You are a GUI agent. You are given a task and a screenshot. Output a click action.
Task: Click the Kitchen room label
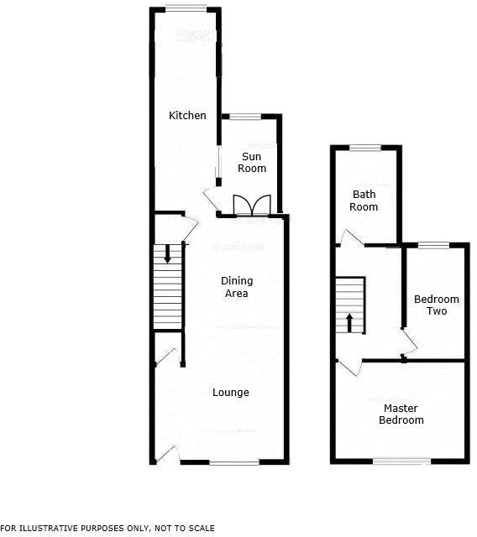(x=187, y=116)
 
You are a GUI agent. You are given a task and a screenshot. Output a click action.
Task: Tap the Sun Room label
(x=253, y=163)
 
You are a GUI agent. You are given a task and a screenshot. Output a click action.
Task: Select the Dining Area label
(x=236, y=287)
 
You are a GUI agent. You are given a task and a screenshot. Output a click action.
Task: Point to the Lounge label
(x=230, y=393)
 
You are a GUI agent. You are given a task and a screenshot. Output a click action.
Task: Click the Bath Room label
(x=364, y=201)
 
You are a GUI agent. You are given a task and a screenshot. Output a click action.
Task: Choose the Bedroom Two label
(x=437, y=305)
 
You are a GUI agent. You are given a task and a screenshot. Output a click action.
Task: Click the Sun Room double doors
(x=251, y=206)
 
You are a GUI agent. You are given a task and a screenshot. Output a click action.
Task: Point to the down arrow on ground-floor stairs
(x=168, y=253)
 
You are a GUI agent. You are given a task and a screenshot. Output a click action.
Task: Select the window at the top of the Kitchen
(x=186, y=8)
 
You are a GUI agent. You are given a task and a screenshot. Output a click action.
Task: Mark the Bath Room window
(x=365, y=148)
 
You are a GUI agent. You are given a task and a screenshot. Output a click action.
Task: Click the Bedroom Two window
(x=433, y=245)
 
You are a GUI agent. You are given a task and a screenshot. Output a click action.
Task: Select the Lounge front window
(x=234, y=462)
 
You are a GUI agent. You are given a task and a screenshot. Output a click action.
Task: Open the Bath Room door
(x=351, y=239)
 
